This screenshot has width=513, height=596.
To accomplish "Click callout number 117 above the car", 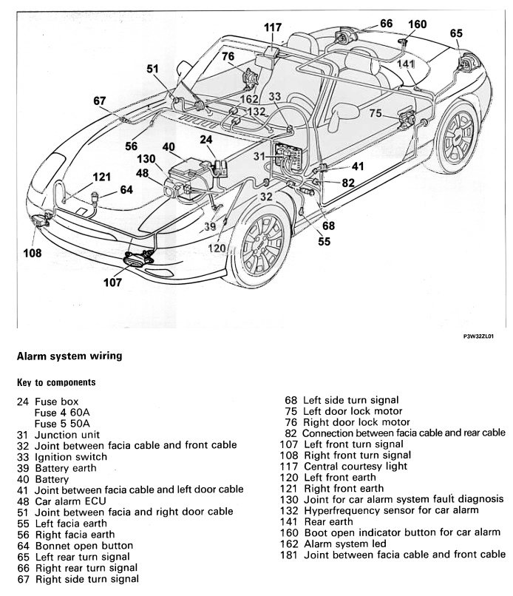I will point(273,27).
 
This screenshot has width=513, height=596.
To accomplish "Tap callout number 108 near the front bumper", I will point(32,253).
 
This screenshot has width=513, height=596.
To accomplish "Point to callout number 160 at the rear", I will point(417,24).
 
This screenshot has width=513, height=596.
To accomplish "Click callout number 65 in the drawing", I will point(456,33).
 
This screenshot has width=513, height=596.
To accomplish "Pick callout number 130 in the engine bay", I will point(146,159).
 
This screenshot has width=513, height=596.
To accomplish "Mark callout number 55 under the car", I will point(324,241).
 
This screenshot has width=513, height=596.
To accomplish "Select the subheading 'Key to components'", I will point(56,382).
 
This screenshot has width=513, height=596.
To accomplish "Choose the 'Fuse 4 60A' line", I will point(62,413).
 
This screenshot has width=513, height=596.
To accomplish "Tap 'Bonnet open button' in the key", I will point(84,546).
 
